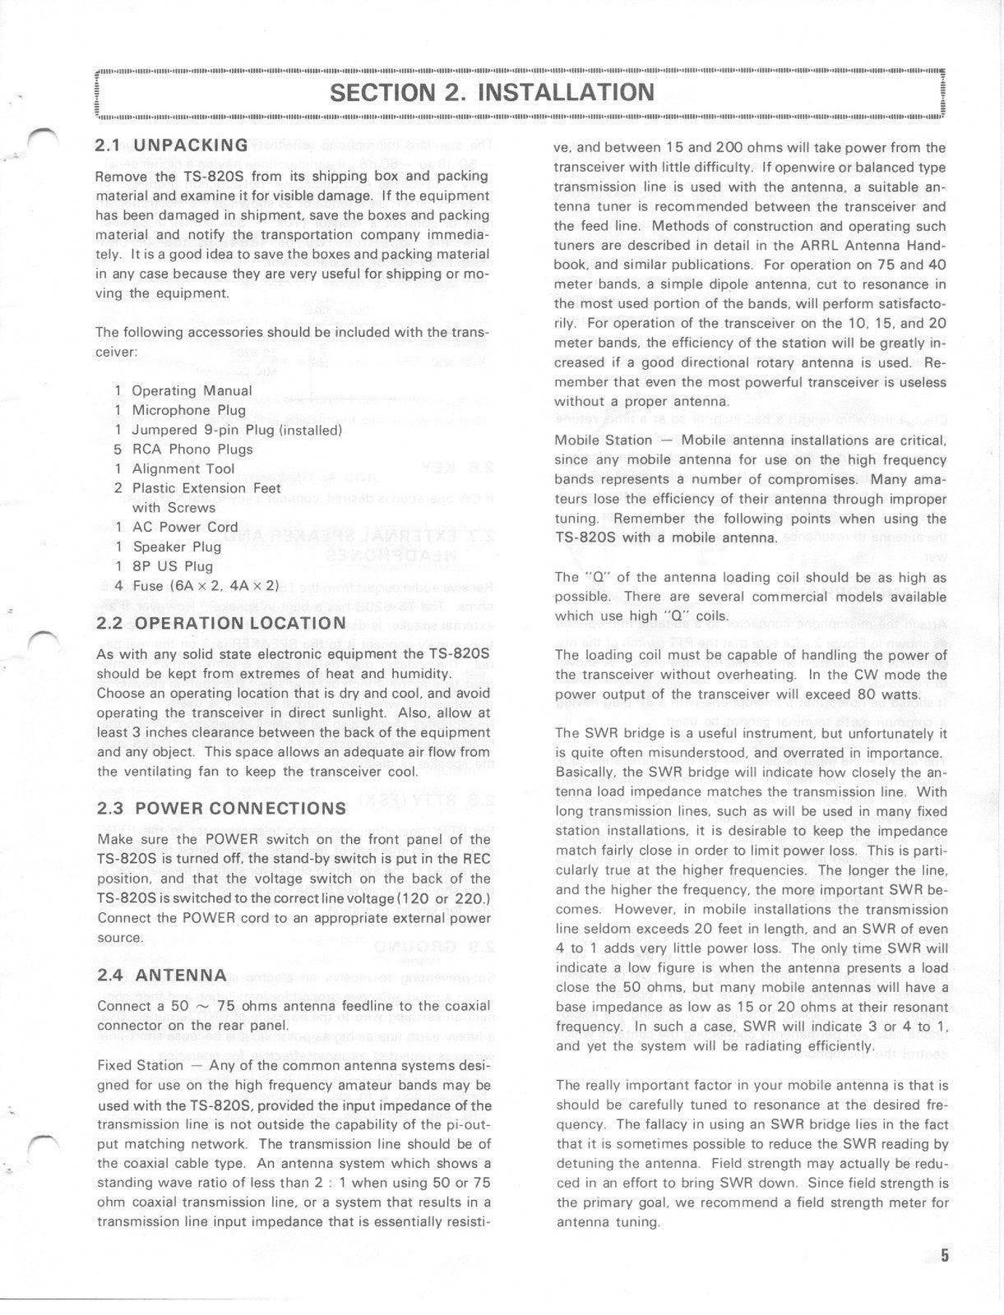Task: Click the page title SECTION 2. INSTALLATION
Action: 492,92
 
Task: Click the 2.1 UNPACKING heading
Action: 172,145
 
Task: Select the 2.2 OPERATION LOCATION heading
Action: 221,623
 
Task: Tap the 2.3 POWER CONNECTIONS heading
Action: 221,808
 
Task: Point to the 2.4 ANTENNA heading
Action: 161,975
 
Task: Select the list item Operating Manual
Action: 192,390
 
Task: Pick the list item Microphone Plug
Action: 188,410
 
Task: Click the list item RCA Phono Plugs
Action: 192,449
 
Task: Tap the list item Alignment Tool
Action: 183,468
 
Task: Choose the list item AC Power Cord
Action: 185,527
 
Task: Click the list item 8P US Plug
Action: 173,566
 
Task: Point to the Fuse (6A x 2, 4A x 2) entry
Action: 206,586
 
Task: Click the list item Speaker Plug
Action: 177,547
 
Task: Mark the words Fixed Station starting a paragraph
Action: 140,1065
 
